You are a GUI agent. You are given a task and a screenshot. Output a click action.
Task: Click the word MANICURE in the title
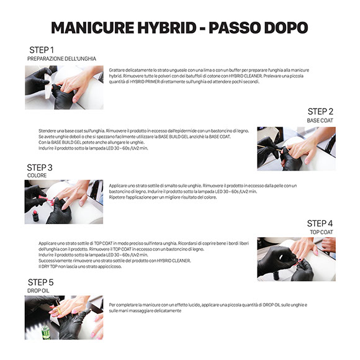[92, 28]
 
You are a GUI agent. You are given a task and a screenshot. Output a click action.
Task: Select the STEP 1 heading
[42, 50]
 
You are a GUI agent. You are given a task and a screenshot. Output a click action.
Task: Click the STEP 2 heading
[320, 112]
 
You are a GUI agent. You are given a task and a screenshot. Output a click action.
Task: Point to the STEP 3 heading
[40, 168]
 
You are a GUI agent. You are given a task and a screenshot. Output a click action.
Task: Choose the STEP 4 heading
[320, 223]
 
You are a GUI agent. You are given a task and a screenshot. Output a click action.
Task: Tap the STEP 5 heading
[40, 282]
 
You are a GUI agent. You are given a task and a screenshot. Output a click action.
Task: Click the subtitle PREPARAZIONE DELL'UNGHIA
[61, 59]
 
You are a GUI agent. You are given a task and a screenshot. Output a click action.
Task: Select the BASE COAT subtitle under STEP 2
[320, 120]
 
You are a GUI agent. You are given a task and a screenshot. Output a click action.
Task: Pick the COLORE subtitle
[37, 176]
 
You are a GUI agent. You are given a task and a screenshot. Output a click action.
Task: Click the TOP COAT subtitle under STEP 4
[322, 232]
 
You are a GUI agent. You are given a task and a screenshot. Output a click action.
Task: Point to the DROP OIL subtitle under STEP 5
[38, 290]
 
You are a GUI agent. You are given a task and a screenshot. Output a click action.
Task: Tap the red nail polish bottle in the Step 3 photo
[35, 216]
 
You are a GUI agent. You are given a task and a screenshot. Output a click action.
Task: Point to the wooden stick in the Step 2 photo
[269, 148]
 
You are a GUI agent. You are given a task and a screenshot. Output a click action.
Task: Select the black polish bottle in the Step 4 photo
[276, 275]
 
